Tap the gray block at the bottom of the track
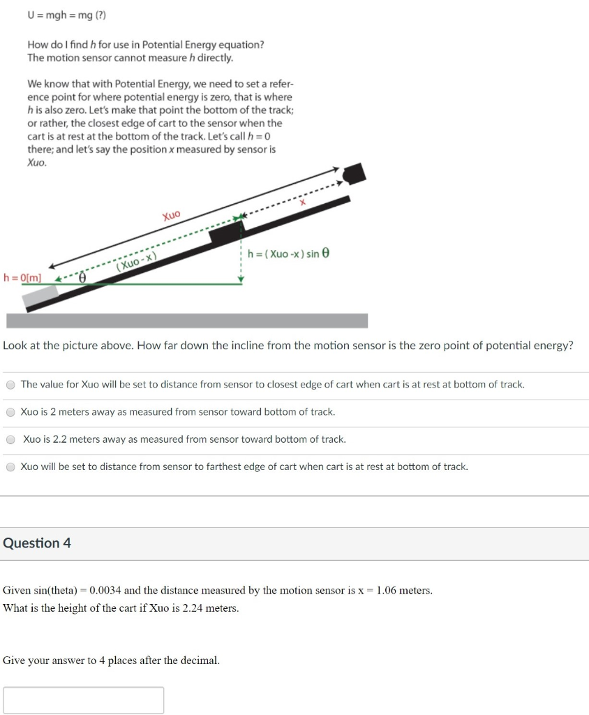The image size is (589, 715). [40, 298]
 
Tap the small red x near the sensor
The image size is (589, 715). [303, 201]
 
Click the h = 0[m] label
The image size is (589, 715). [22, 277]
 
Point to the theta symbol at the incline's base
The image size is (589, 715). [83, 277]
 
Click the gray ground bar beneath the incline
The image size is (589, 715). [187, 320]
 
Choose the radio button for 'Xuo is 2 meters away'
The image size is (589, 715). [11, 412]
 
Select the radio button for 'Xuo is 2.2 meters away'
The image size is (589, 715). [11, 440]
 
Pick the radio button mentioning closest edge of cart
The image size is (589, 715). [11, 385]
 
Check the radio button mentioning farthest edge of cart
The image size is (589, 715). [11, 467]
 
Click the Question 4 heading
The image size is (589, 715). [37, 543]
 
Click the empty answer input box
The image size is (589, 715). [84, 700]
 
